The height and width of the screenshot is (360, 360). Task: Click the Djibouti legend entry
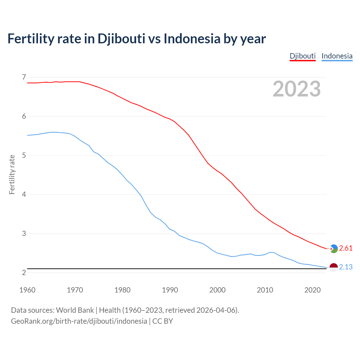[x=303, y=56]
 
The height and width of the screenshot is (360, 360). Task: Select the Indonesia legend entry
[x=337, y=56]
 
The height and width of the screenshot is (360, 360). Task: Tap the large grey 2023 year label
[x=296, y=89]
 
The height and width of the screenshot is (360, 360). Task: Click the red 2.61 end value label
[x=346, y=248]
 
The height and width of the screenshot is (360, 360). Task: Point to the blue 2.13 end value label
[x=346, y=267]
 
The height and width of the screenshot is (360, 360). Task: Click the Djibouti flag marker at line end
[x=334, y=249]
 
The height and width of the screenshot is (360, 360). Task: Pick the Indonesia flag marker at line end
[x=334, y=267]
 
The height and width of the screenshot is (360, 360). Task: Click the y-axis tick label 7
[x=24, y=77]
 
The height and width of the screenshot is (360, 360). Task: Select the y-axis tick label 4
[x=24, y=194]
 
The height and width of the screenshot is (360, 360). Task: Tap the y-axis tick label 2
[x=24, y=273]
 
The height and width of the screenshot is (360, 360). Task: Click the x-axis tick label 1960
[x=27, y=290]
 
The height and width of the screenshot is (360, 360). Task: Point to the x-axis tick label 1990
[x=170, y=290]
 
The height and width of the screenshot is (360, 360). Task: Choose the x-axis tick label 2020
[x=312, y=290]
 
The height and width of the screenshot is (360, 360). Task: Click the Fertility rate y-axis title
[x=12, y=174]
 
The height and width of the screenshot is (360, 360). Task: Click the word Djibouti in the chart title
[x=121, y=39]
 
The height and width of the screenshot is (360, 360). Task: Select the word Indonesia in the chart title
[x=192, y=39]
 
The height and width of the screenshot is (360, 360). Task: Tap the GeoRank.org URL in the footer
[x=79, y=321]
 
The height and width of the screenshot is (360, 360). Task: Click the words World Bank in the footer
[x=75, y=310]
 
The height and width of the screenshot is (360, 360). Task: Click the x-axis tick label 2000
[x=217, y=290]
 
